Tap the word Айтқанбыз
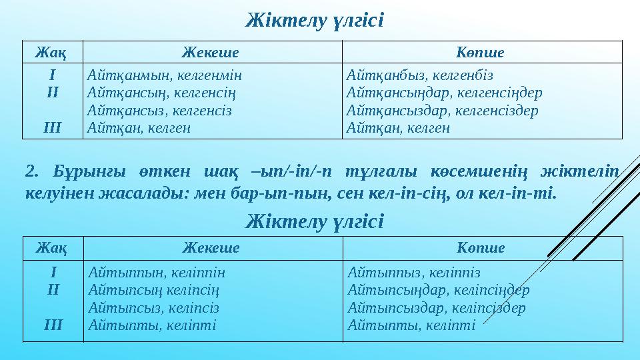384,75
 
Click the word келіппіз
456,273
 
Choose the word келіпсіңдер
493,291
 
